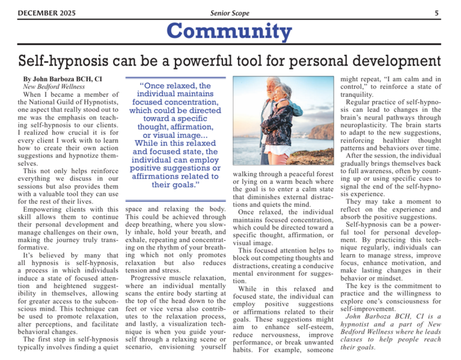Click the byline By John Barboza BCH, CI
(x=62, y=79)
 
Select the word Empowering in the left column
(x=49, y=209)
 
